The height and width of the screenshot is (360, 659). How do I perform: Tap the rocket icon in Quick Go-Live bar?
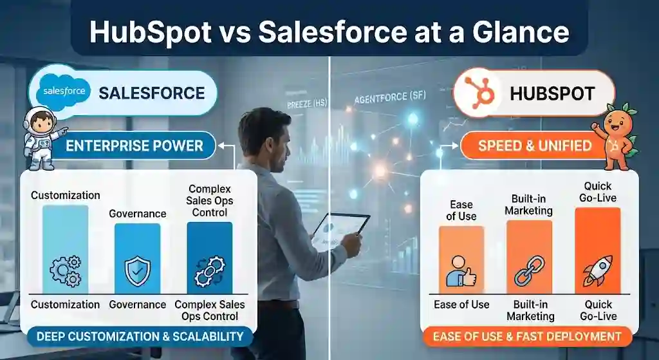597,271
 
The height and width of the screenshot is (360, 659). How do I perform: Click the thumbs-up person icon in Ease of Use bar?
461,270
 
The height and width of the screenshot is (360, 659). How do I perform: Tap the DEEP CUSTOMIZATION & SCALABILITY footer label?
140,336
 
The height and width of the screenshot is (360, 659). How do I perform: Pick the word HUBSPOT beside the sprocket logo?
552,93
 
